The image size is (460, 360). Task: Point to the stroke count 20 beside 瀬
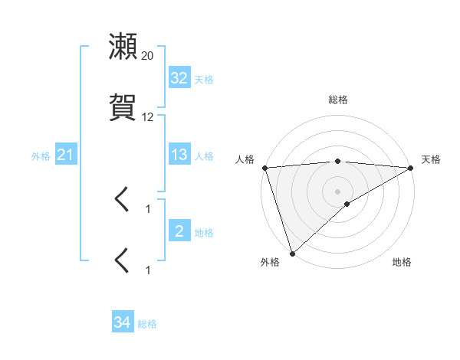[x=148, y=56]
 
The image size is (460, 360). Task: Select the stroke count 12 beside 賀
[x=148, y=117]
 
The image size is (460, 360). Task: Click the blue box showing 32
[x=179, y=78]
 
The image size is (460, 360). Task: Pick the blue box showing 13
[x=179, y=155]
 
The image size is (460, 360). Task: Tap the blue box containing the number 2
[x=179, y=231]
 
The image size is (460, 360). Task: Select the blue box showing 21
[x=65, y=155]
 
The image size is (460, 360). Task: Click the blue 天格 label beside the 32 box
[x=204, y=79]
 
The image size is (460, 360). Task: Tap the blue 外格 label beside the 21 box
[x=41, y=156]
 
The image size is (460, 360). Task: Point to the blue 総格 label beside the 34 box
[x=147, y=324]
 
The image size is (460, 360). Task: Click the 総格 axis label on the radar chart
[x=338, y=100]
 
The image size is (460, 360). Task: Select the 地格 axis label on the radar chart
[x=402, y=263]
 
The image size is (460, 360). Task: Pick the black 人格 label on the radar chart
[x=245, y=159]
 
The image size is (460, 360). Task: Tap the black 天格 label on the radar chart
[x=431, y=159]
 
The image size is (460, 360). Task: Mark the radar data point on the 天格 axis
[x=411, y=168]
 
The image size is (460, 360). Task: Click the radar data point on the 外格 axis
[x=292, y=253]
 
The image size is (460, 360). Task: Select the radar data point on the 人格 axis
[x=264, y=168]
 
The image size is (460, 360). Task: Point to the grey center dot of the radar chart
[x=338, y=191]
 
